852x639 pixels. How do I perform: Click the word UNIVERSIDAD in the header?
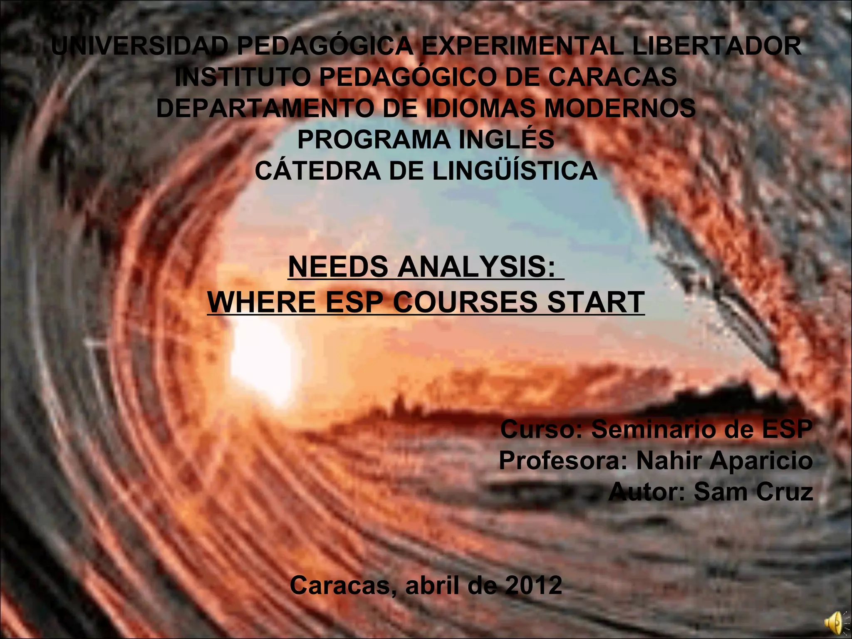[140, 46]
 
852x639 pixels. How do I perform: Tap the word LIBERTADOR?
[716, 46]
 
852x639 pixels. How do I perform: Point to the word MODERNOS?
[620, 108]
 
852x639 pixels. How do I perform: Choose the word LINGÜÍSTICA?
[515, 171]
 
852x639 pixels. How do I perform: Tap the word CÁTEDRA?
[317, 171]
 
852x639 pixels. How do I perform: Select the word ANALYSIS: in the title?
[476, 267]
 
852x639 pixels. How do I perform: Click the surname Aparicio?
[761, 460]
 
